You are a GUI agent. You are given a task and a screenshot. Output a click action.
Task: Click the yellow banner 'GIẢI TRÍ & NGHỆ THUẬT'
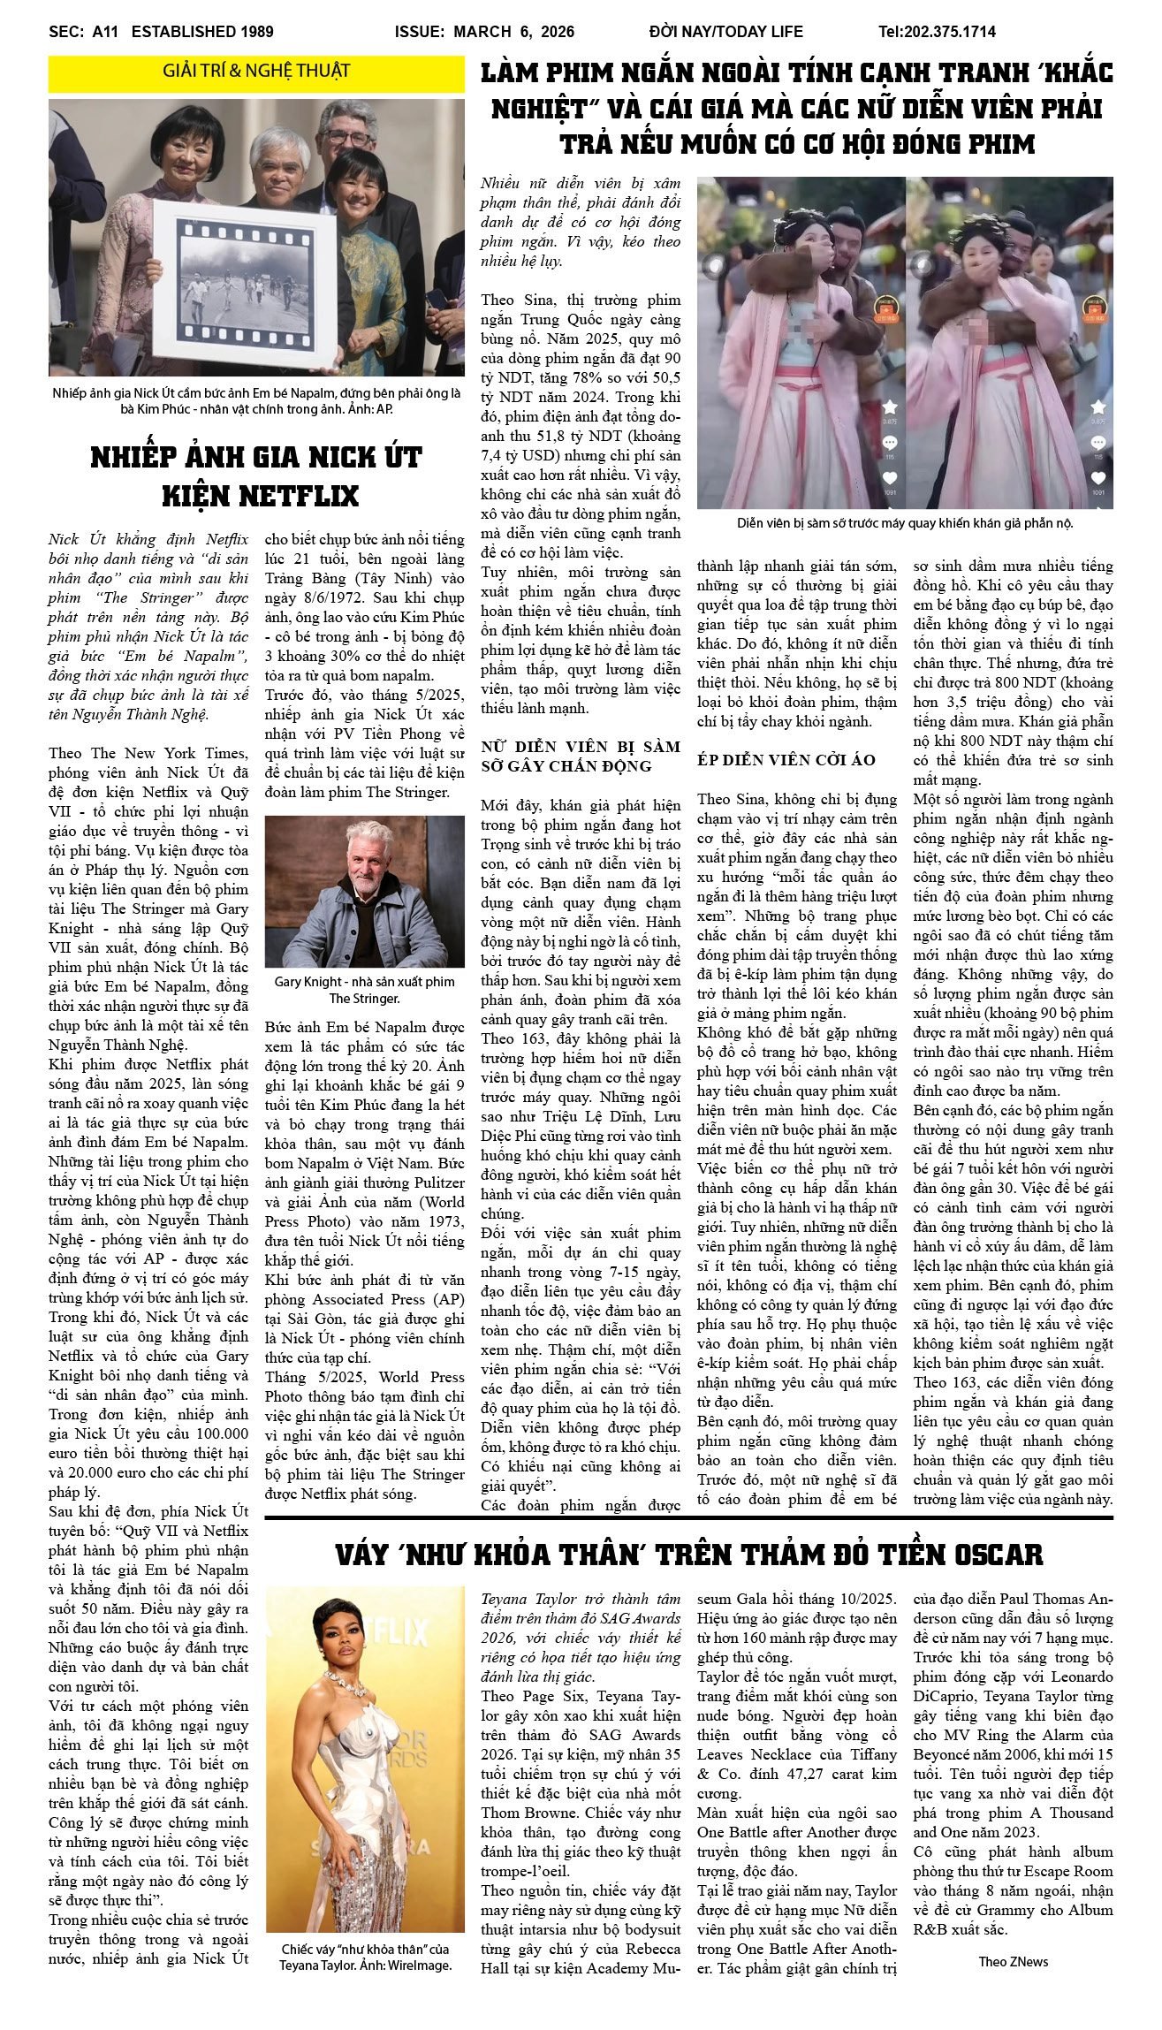click(256, 72)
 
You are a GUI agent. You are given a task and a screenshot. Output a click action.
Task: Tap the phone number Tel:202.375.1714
click(937, 32)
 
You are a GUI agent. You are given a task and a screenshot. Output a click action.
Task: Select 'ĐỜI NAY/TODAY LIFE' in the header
click(725, 32)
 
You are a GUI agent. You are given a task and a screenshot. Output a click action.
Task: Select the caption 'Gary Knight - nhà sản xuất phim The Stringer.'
click(364, 990)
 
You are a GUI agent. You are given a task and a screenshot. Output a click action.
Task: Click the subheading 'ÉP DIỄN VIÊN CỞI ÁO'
click(786, 760)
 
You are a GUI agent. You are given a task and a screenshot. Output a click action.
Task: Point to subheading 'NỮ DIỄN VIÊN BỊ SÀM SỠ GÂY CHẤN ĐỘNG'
click(581, 756)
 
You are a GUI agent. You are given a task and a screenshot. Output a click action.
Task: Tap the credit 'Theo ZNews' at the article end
click(1013, 1961)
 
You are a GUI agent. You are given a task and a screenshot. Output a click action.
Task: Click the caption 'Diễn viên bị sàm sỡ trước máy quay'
click(905, 522)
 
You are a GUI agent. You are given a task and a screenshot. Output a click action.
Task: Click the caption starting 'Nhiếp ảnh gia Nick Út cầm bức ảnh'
click(256, 400)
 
